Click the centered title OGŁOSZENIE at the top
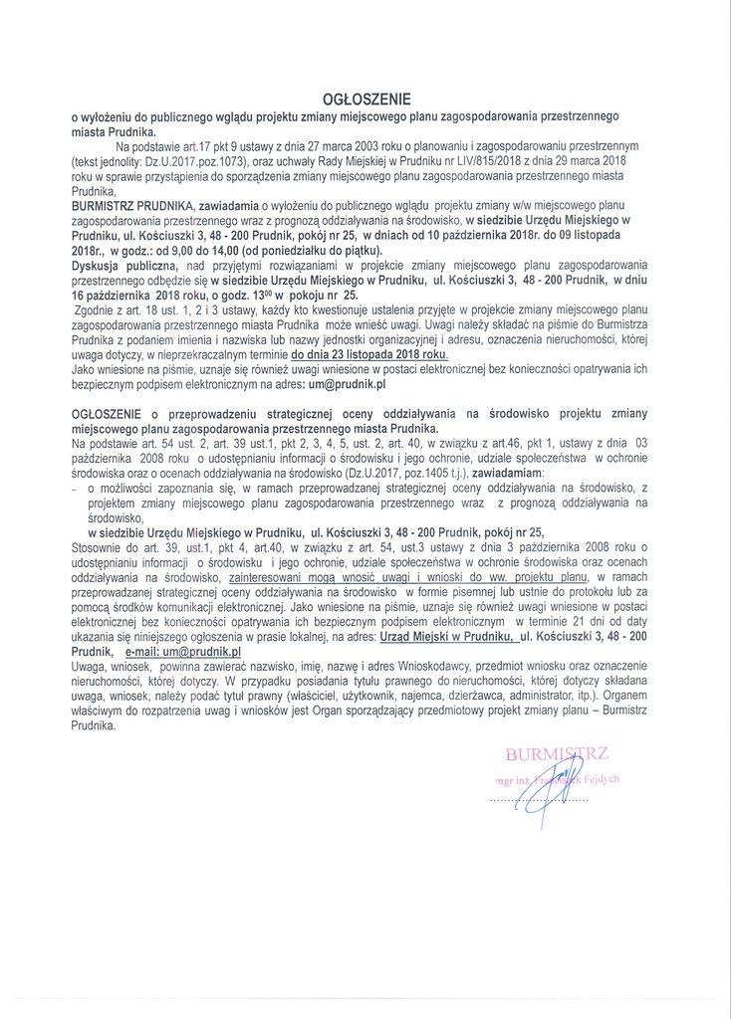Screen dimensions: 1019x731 [x=365, y=100]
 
